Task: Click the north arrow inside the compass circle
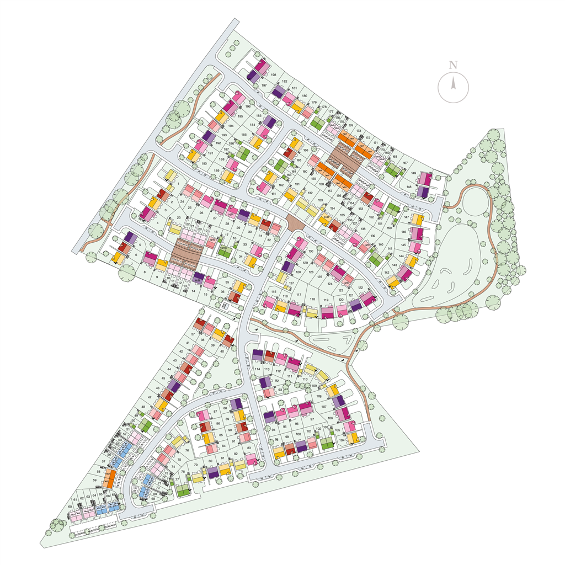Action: click(x=453, y=84)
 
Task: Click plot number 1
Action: click(x=178, y=183)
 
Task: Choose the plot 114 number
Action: click(x=257, y=369)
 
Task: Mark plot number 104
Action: click(x=342, y=440)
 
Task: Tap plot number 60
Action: click(x=70, y=507)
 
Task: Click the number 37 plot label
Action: click(x=193, y=334)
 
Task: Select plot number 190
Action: click(x=204, y=163)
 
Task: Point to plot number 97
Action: click(x=312, y=419)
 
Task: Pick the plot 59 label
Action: click(x=95, y=481)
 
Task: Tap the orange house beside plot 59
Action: click(x=110, y=478)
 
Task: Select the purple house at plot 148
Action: click(x=423, y=192)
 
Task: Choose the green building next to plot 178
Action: click(x=316, y=122)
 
